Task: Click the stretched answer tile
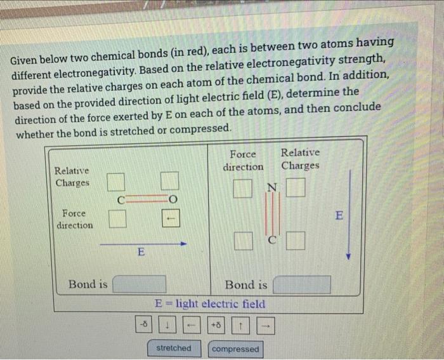click(173, 348)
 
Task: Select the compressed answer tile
click(235, 349)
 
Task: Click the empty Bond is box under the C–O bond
click(140, 284)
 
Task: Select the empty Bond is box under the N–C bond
click(302, 284)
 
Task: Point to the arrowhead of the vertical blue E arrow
click(348, 257)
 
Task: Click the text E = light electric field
click(211, 303)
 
